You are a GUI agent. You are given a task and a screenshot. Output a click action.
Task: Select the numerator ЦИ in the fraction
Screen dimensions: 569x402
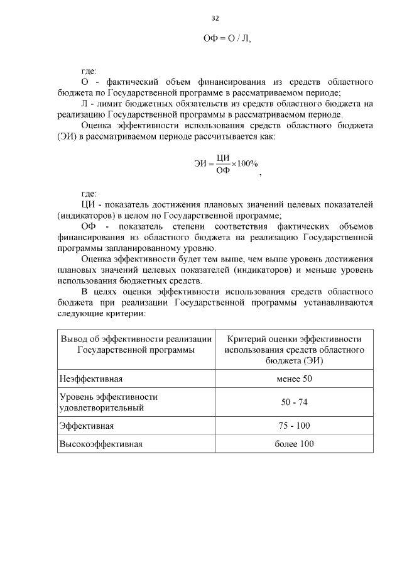[222, 158]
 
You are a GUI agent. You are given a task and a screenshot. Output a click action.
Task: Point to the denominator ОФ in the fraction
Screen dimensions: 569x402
[222, 170]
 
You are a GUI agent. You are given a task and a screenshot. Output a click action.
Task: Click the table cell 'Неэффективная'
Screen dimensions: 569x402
[90, 379]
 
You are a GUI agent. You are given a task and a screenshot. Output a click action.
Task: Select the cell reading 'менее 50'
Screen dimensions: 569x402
[293, 379]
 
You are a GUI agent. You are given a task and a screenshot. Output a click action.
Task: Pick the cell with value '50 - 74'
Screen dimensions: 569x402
[293, 402]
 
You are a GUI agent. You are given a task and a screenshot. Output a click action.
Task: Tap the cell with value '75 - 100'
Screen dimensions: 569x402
[293, 426]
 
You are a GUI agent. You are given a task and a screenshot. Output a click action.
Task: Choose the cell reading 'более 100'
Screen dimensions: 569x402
[293, 444]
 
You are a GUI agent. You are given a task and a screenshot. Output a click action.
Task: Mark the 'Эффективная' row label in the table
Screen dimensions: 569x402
[86, 426]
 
